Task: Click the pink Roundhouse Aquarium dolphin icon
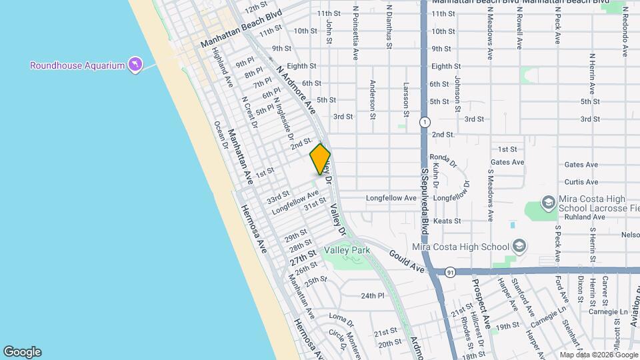click(x=136, y=64)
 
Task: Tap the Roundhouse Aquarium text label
click(x=77, y=65)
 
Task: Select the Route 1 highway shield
click(x=424, y=122)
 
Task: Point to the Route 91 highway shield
click(x=451, y=272)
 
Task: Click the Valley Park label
click(x=347, y=250)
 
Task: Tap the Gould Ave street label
click(x=408, y=261)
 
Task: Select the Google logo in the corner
click(x=22, y=352)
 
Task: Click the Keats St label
click(x=447, y=221)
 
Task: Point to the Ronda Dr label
click(x=443, y=157)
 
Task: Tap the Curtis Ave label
click(x=581, y=181)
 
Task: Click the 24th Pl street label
click(x=373, y=295)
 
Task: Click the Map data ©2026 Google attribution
click(x=598, y=355)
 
